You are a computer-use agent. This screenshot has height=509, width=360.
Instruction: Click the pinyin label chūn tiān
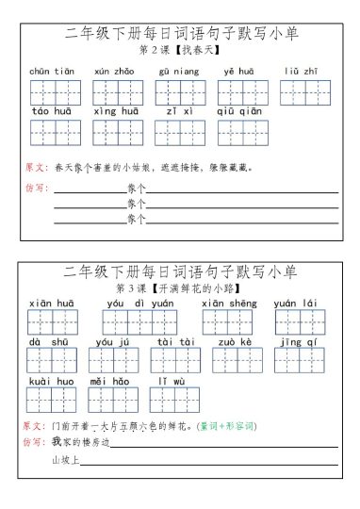pos(52,71)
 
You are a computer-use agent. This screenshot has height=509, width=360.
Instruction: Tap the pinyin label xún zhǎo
pos(114,71)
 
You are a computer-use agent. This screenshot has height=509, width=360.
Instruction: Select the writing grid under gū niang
pos(180,92)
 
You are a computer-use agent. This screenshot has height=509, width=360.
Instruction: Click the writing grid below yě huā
pos(243,92)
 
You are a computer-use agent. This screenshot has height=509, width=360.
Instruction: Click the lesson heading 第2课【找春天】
pos(180,50)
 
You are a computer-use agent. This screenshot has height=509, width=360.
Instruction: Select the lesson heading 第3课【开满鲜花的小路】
pos(180,287)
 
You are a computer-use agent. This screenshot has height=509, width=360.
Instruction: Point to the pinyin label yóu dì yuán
pos(139,304)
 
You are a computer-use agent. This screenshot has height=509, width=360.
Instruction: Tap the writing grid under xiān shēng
pos(228,323)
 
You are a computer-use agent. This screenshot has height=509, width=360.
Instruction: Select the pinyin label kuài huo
pos(52,381)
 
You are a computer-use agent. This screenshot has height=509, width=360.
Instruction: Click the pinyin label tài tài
pos(176,342)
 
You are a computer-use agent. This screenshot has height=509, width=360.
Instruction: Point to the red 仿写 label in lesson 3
pos(34,442)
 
